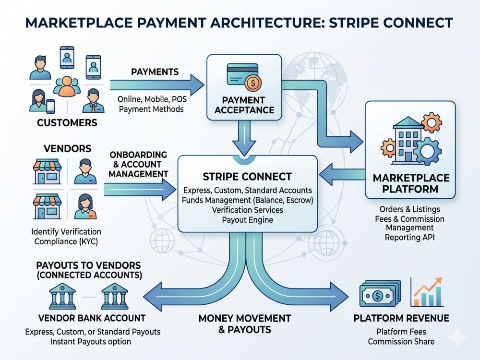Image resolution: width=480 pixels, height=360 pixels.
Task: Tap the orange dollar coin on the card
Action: (x=253, y=83)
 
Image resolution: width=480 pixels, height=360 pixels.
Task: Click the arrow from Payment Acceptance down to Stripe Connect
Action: (x=244, y=138)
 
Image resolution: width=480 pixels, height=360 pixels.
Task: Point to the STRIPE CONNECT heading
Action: (x=247, y=177)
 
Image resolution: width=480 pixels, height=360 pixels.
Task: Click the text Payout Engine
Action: (x=247, y=220)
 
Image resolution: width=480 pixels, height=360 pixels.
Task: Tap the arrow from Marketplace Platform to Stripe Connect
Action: (x=342, y=175)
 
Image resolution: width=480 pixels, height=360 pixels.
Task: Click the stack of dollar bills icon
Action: (x=380, y=294)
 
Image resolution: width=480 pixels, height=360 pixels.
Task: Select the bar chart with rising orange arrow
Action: (x=427, y=292)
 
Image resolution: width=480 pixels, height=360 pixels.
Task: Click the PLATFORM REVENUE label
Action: (x=401, y=318)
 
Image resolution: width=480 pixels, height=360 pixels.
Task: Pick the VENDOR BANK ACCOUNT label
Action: (x=92, y=318)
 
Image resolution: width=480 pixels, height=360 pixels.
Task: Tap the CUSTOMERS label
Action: (x=67, y=123)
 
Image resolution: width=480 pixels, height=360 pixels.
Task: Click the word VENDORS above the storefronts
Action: (x=68, y=148)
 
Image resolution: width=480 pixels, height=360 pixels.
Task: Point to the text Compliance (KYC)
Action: (x=66, y=241)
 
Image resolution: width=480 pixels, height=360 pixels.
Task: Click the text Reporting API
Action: (x=409, y=237)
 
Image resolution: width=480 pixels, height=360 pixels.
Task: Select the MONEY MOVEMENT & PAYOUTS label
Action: (x=245, y=324)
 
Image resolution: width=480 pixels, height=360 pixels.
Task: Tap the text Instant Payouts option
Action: (x=91, y=342)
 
